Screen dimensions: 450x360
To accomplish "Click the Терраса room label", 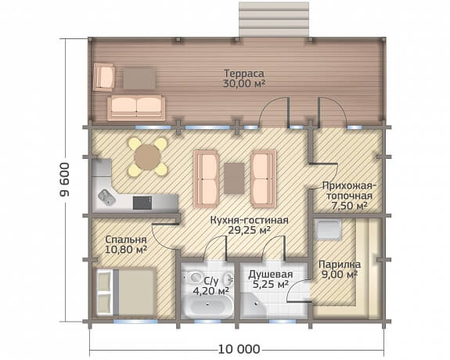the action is (x=244, y=74).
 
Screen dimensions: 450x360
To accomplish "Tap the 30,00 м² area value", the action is (x=244, y=84).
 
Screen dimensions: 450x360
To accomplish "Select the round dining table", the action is (x=147, y=157).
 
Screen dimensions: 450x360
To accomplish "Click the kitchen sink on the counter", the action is (x=106, y=197).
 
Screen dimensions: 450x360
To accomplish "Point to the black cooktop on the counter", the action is (x=142, y=203).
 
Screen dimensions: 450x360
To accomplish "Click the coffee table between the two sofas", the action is (x=234, y=178).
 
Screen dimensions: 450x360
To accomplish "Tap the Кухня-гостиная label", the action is (x=249, y=221).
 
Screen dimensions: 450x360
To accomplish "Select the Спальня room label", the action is (x=126, y=239).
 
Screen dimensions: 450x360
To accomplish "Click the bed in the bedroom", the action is (x=126, y=292).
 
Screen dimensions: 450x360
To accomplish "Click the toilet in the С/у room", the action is (x=194, y=277).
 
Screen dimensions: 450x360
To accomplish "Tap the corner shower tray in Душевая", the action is (x=253, y=306).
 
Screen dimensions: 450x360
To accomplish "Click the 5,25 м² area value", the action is (x=271, y=284).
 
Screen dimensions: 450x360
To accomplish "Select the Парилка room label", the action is (x=340, y=264).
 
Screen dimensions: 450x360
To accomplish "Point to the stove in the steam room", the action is (x=328, y=229).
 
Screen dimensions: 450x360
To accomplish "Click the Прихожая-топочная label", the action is (x=349, y=191).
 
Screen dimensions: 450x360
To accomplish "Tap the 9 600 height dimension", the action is (x=65, y=179).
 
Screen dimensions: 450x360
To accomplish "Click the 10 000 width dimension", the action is (x=239, y=349).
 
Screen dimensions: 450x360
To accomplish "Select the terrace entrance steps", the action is (x=274, y=19).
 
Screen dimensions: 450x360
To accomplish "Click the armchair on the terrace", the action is (x=104, y=77).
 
